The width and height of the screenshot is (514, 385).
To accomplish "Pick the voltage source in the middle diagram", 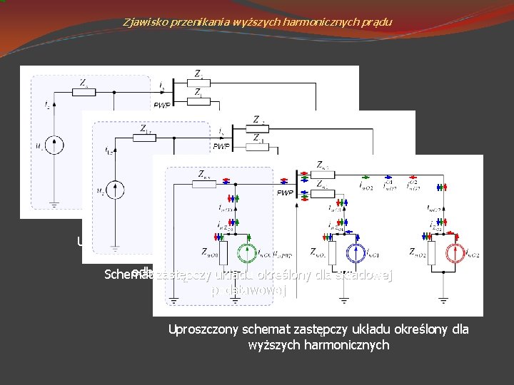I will pyautogui.click(x=120, y=190).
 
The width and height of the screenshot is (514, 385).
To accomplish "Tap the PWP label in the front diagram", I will pyautogui.click(x=286, y=192).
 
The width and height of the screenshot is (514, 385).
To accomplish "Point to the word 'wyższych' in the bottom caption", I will pyautogui.click(x=270, y=345).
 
